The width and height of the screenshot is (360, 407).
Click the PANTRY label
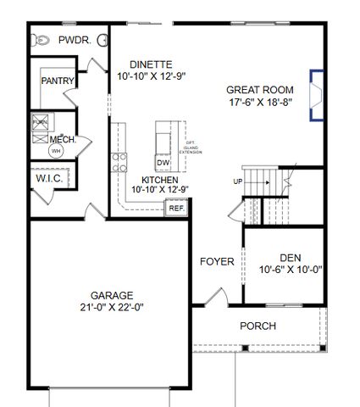[x=58, y=81]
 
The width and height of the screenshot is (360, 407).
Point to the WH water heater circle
[x=56, y=151]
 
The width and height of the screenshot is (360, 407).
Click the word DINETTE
[x=151, y=64]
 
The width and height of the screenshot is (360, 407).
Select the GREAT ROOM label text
[x=259, y=89]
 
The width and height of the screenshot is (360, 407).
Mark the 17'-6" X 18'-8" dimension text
[x=260, y=102]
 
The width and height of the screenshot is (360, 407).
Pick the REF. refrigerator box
[x=176, y=208]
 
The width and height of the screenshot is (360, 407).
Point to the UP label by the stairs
[x=238, y=181]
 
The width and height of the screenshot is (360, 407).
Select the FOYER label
[x=217, y=261]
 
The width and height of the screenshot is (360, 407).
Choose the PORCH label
[x=258, y=326]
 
